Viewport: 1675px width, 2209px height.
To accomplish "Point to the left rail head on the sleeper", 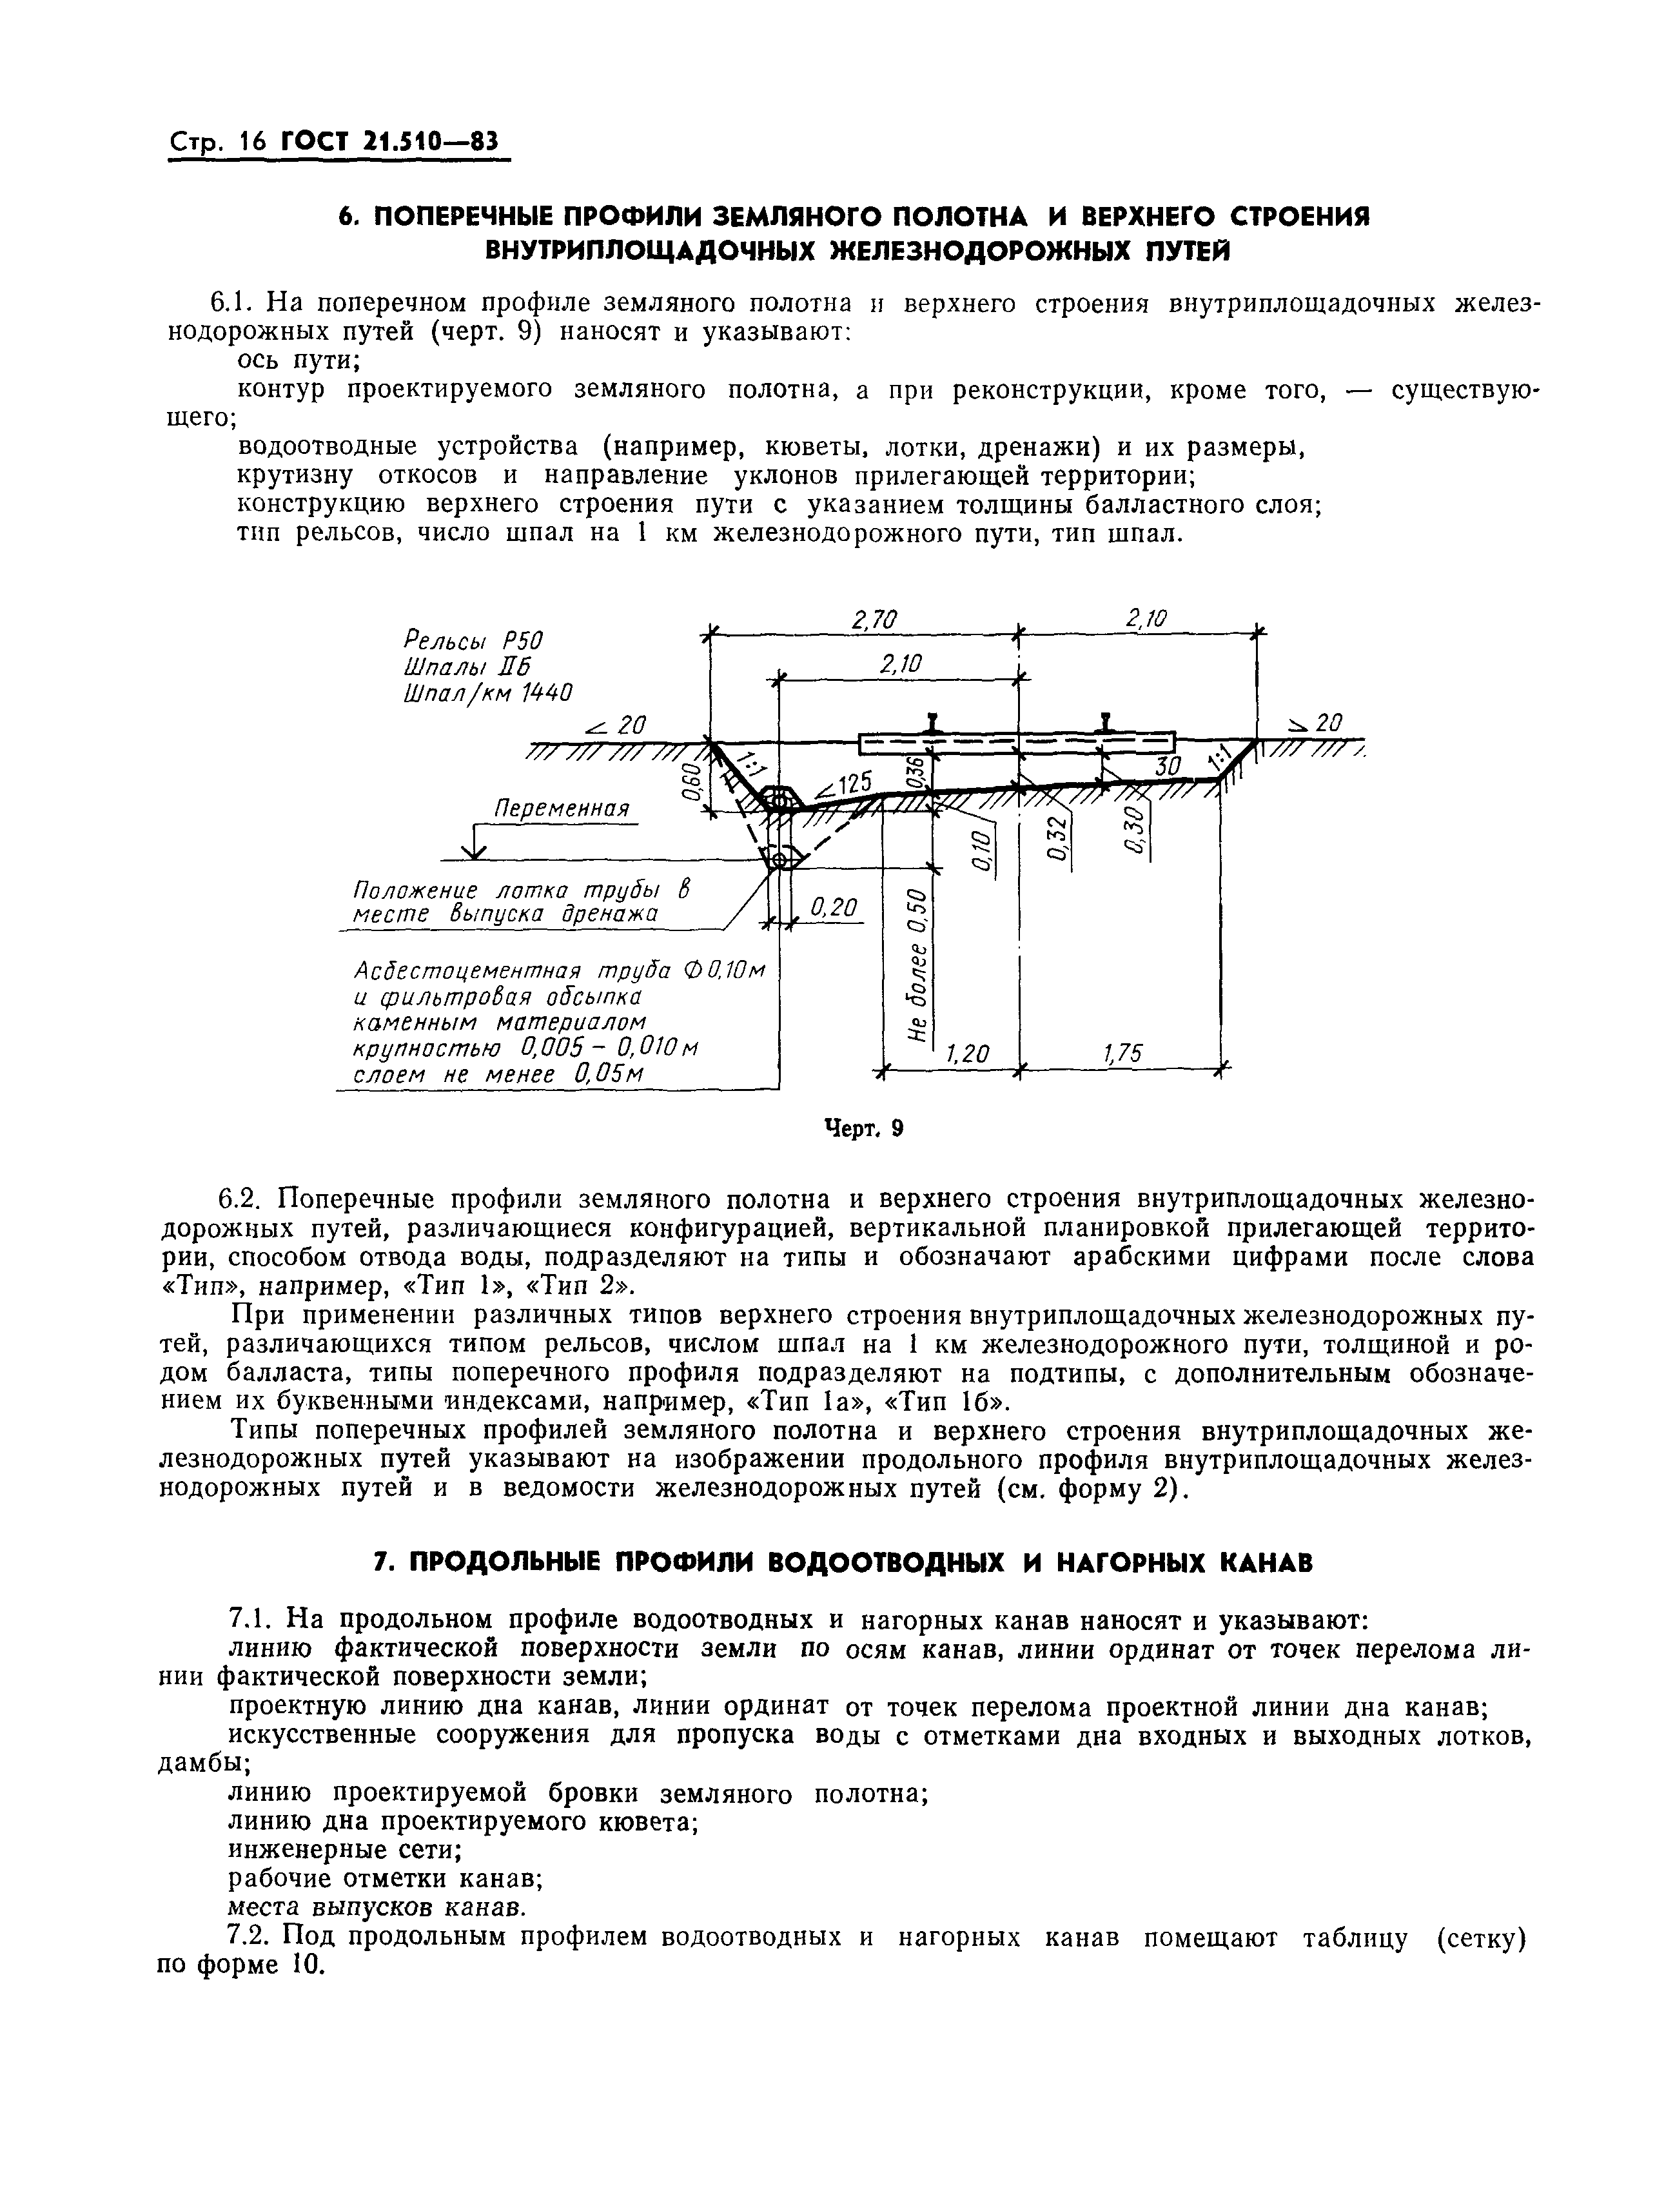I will tap(931, 722).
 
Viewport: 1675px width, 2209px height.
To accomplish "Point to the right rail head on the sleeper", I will tap(1104, 722).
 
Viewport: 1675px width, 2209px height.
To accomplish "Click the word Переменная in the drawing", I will tap(563, 807).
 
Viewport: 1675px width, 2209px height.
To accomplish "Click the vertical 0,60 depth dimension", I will tap(688, 781).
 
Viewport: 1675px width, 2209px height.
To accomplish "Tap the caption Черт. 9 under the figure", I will tap(863, 1128).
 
